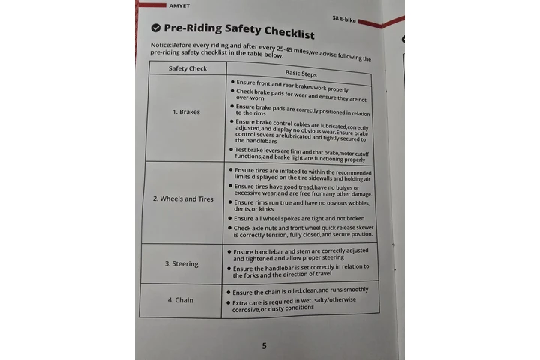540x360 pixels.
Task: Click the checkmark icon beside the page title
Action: (x=155, y=28)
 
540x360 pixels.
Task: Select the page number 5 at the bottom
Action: (x=264, y=345)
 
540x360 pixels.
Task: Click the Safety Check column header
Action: (x=187, y=68)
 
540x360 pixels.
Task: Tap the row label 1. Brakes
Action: (x=184, y=112)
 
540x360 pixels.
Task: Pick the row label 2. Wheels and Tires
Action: (x=183, y=199)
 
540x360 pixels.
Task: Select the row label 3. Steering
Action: (x=181, y=263)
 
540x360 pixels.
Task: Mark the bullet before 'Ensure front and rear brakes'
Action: (x=232, y=82)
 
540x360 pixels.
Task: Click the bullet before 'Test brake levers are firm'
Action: (x=230, y=150)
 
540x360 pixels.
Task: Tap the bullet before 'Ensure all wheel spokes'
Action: (x=229, y=218)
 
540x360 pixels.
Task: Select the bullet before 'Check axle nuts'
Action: (x=228, y=228)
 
